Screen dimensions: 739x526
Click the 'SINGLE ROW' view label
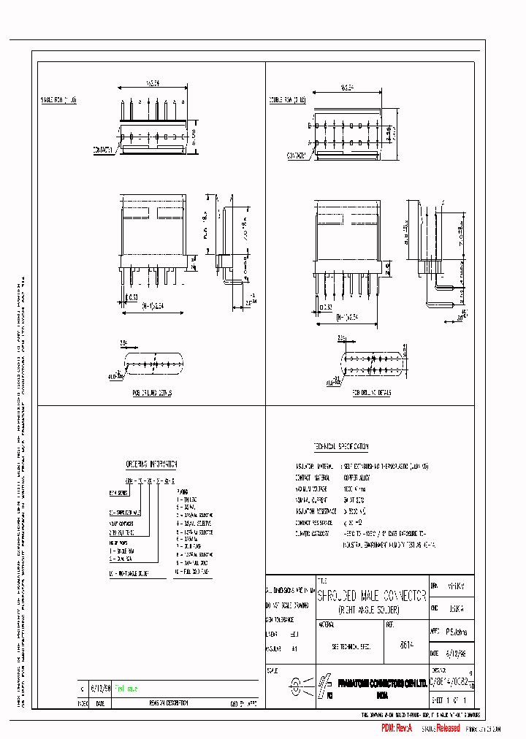click(58, 99)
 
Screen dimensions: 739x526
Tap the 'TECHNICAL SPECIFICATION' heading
click(341, 446)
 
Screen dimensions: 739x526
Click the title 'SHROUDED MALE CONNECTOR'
click(371, 596)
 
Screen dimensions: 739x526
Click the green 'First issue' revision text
click(123, 688)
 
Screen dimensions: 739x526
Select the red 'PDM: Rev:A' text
click(397, 729)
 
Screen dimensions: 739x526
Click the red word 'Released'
click(448, 728)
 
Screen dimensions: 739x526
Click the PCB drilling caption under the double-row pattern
click(372, 392)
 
